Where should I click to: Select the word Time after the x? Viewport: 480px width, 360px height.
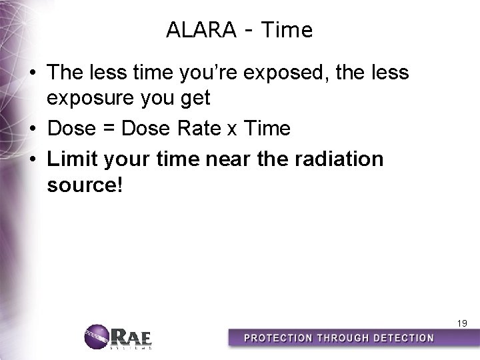[x=267, y=128]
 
